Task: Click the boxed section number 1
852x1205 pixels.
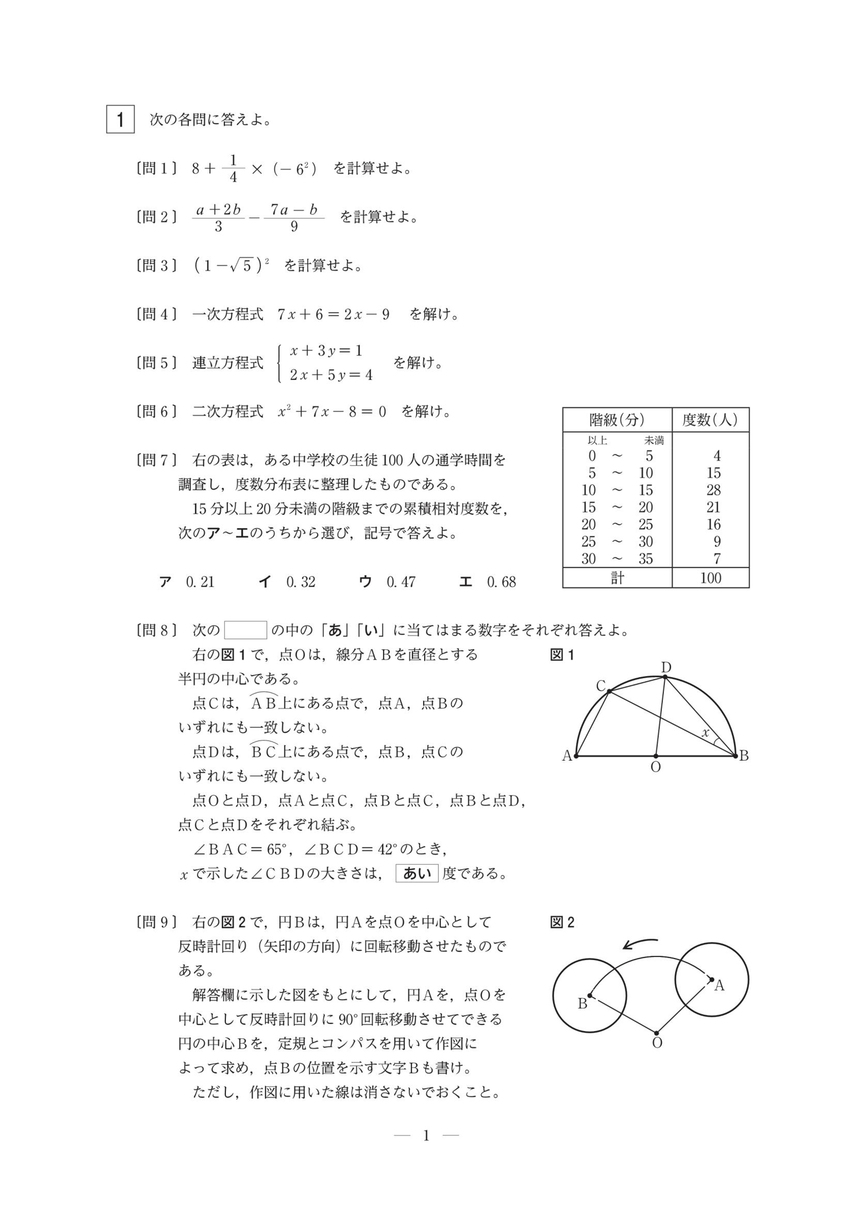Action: click(x=120, y=120)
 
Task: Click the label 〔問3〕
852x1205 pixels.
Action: click(x=156, y=266)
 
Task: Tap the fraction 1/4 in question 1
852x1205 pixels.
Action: click(x=233, y=168)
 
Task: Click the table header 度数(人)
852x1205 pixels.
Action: click(x=710, y=420)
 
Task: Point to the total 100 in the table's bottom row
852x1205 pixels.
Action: click(x=711, y=578)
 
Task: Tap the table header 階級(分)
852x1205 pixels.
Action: click(x=617, y=420)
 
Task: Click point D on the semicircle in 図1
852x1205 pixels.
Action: click(x=665, y=677)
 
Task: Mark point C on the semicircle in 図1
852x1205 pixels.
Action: click(x=609, y=692)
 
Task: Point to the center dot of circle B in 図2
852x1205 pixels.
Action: click(x=590, y=995)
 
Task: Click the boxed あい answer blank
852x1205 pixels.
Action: click(x=417, y=873)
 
